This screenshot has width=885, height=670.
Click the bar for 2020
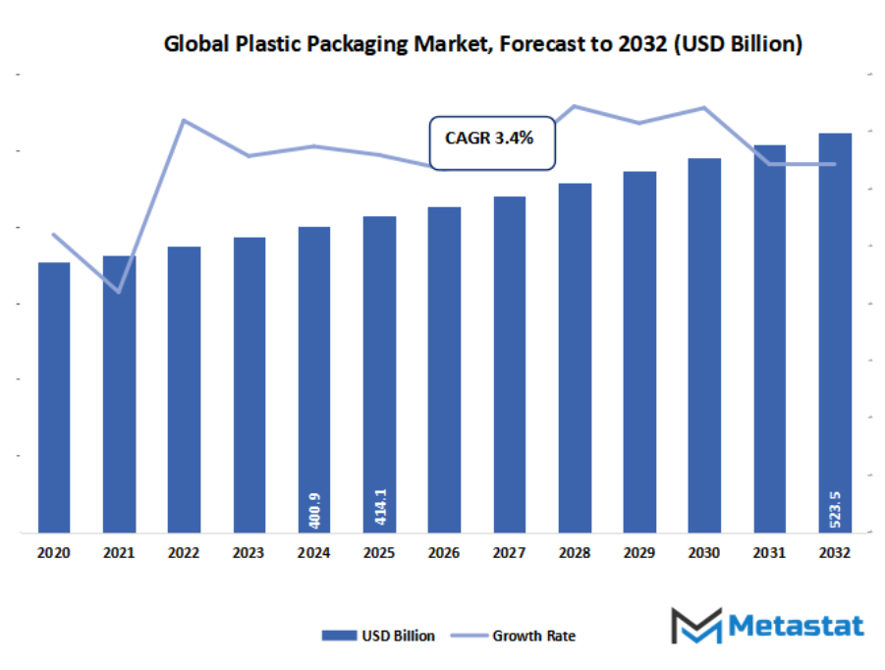pyautogui.click(x=54, y=397)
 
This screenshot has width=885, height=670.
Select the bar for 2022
pyautogui.click(x=184, y=389)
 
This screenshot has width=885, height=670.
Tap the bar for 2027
pyautogui.click(x=509, y=364)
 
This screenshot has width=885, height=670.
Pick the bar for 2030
pyautogui.click(x=704, y=345)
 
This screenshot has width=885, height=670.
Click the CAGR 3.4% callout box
pyautogui.click(x=492, y=140)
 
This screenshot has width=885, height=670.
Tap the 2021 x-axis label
pyautogui.click(x=119, y=553)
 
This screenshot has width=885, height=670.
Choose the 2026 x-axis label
pyautogui.click(x=444, y=553)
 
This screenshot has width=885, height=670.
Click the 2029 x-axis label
pyautogui.click(x=639, y=553)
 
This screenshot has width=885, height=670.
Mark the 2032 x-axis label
pyautogui.click(x=835, y=553)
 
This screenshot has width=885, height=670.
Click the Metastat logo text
pyautogui.click(x=796, y=626)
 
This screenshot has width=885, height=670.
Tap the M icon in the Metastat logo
pyautogui.click(x=695, y=626)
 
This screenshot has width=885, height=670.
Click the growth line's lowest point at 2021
pyautogui.click(x=119, y=292)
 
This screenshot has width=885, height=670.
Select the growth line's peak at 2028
pyautogui.click(x=575, y=106)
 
